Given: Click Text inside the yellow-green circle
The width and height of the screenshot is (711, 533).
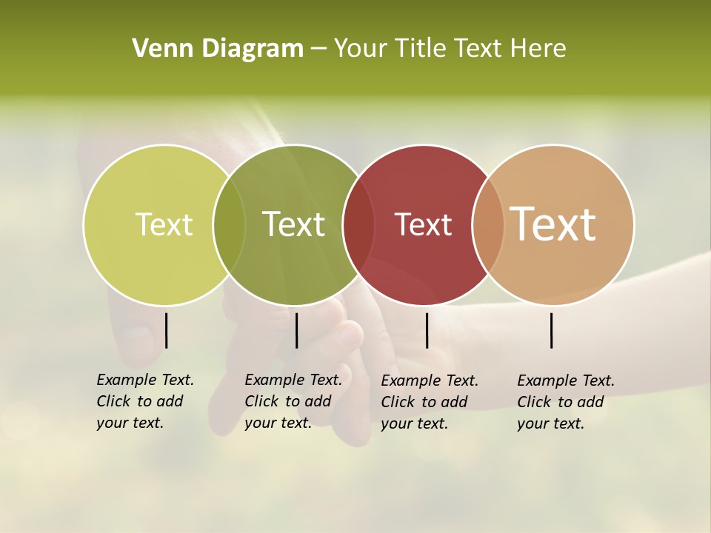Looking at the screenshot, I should tap(164, 224).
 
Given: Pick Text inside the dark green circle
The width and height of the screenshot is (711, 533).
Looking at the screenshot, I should tap(294, 224).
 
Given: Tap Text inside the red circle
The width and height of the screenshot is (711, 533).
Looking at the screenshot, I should tap(423, 225).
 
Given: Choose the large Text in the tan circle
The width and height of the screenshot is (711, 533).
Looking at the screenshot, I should tap(553, 224).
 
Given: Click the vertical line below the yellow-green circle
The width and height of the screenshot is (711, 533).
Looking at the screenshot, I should tap(166, 330).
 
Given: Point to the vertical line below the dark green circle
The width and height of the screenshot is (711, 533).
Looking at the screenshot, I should tap(296, 330).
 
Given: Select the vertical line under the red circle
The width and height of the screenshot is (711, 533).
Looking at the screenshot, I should tap(427, 330).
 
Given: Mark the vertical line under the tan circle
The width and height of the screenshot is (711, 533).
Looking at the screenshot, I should tap(551, 330).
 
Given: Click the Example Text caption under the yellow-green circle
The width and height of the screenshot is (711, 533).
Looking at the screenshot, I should tap(144, 401).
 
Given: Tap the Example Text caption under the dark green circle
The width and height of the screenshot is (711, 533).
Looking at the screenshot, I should tap(293, 401).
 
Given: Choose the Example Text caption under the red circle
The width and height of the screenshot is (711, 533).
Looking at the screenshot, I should tap(429, 402).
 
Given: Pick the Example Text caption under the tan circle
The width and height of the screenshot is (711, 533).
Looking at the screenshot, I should tap(565, 402).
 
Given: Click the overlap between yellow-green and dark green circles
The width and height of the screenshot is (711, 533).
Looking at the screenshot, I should tap(229, 225).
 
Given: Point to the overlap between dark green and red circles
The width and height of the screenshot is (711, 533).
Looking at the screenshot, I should tap(359, 225).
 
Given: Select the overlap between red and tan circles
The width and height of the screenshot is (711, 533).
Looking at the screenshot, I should tap(487, 225).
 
